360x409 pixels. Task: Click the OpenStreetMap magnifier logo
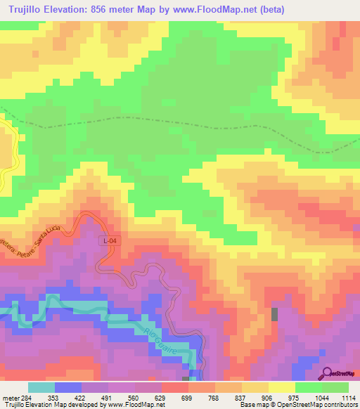(328, 373)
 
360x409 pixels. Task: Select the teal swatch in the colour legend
(41, 387)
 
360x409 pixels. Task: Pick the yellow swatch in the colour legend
(282, 387)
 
